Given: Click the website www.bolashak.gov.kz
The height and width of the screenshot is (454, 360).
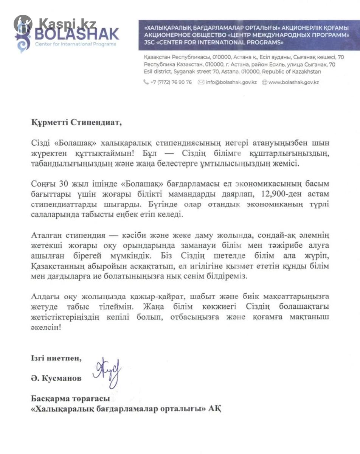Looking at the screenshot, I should click(x=293, y=82).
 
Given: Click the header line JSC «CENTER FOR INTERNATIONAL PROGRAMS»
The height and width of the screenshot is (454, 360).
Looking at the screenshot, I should click(x=214, y=43).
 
